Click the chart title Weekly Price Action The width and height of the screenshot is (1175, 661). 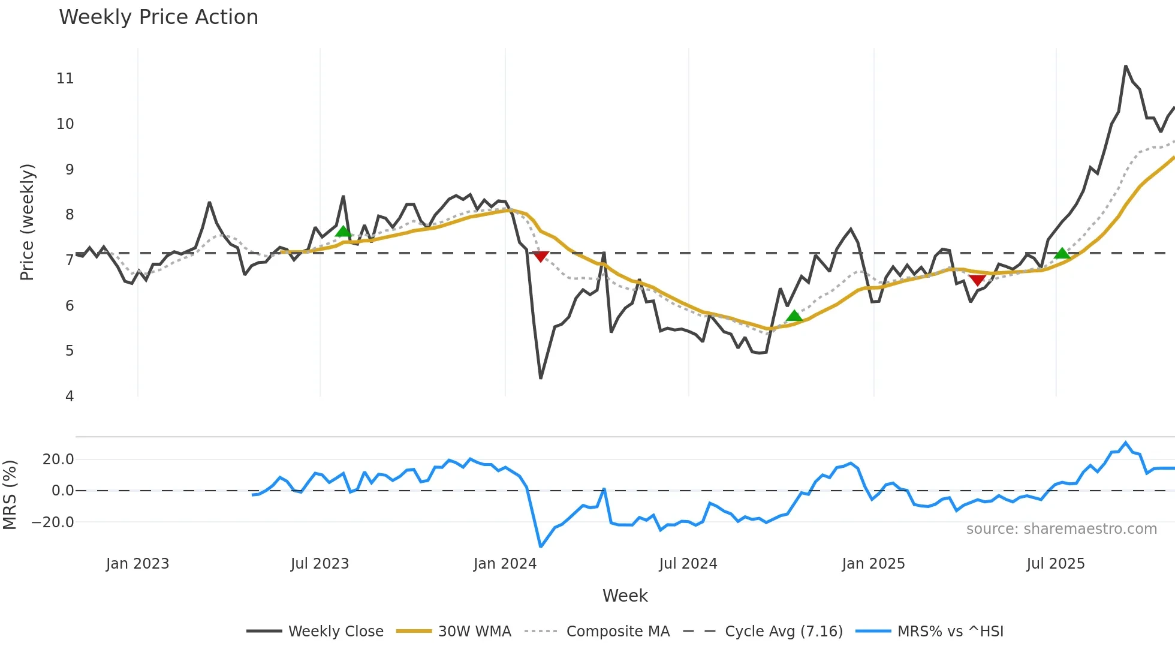click(158, 17)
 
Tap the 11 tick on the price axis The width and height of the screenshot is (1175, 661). click(65, 79)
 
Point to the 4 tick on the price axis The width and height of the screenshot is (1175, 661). click(70, 396)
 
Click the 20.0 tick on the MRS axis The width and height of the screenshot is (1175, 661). click(58, 459)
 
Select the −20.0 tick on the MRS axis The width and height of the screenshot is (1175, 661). click(53, 522)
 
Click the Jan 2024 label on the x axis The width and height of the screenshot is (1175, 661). click(505, 564)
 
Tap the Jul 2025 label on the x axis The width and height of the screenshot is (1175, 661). click(1055, 564)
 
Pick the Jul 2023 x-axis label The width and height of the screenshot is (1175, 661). click(320, 564)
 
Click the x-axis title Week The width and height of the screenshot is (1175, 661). click(625, 596)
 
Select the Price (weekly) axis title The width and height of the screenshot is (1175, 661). click(27, 222)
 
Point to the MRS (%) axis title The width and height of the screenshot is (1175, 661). click(10, 495)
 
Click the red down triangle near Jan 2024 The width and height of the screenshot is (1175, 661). click(541, 257)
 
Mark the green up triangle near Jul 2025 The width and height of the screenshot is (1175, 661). click(1062, 254)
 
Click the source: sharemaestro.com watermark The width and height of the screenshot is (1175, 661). click(1061, 529)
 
